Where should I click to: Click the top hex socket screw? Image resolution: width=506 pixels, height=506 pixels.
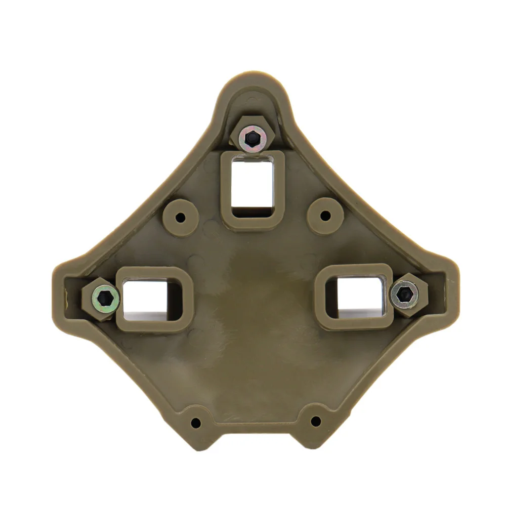click(x=252, y=137)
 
